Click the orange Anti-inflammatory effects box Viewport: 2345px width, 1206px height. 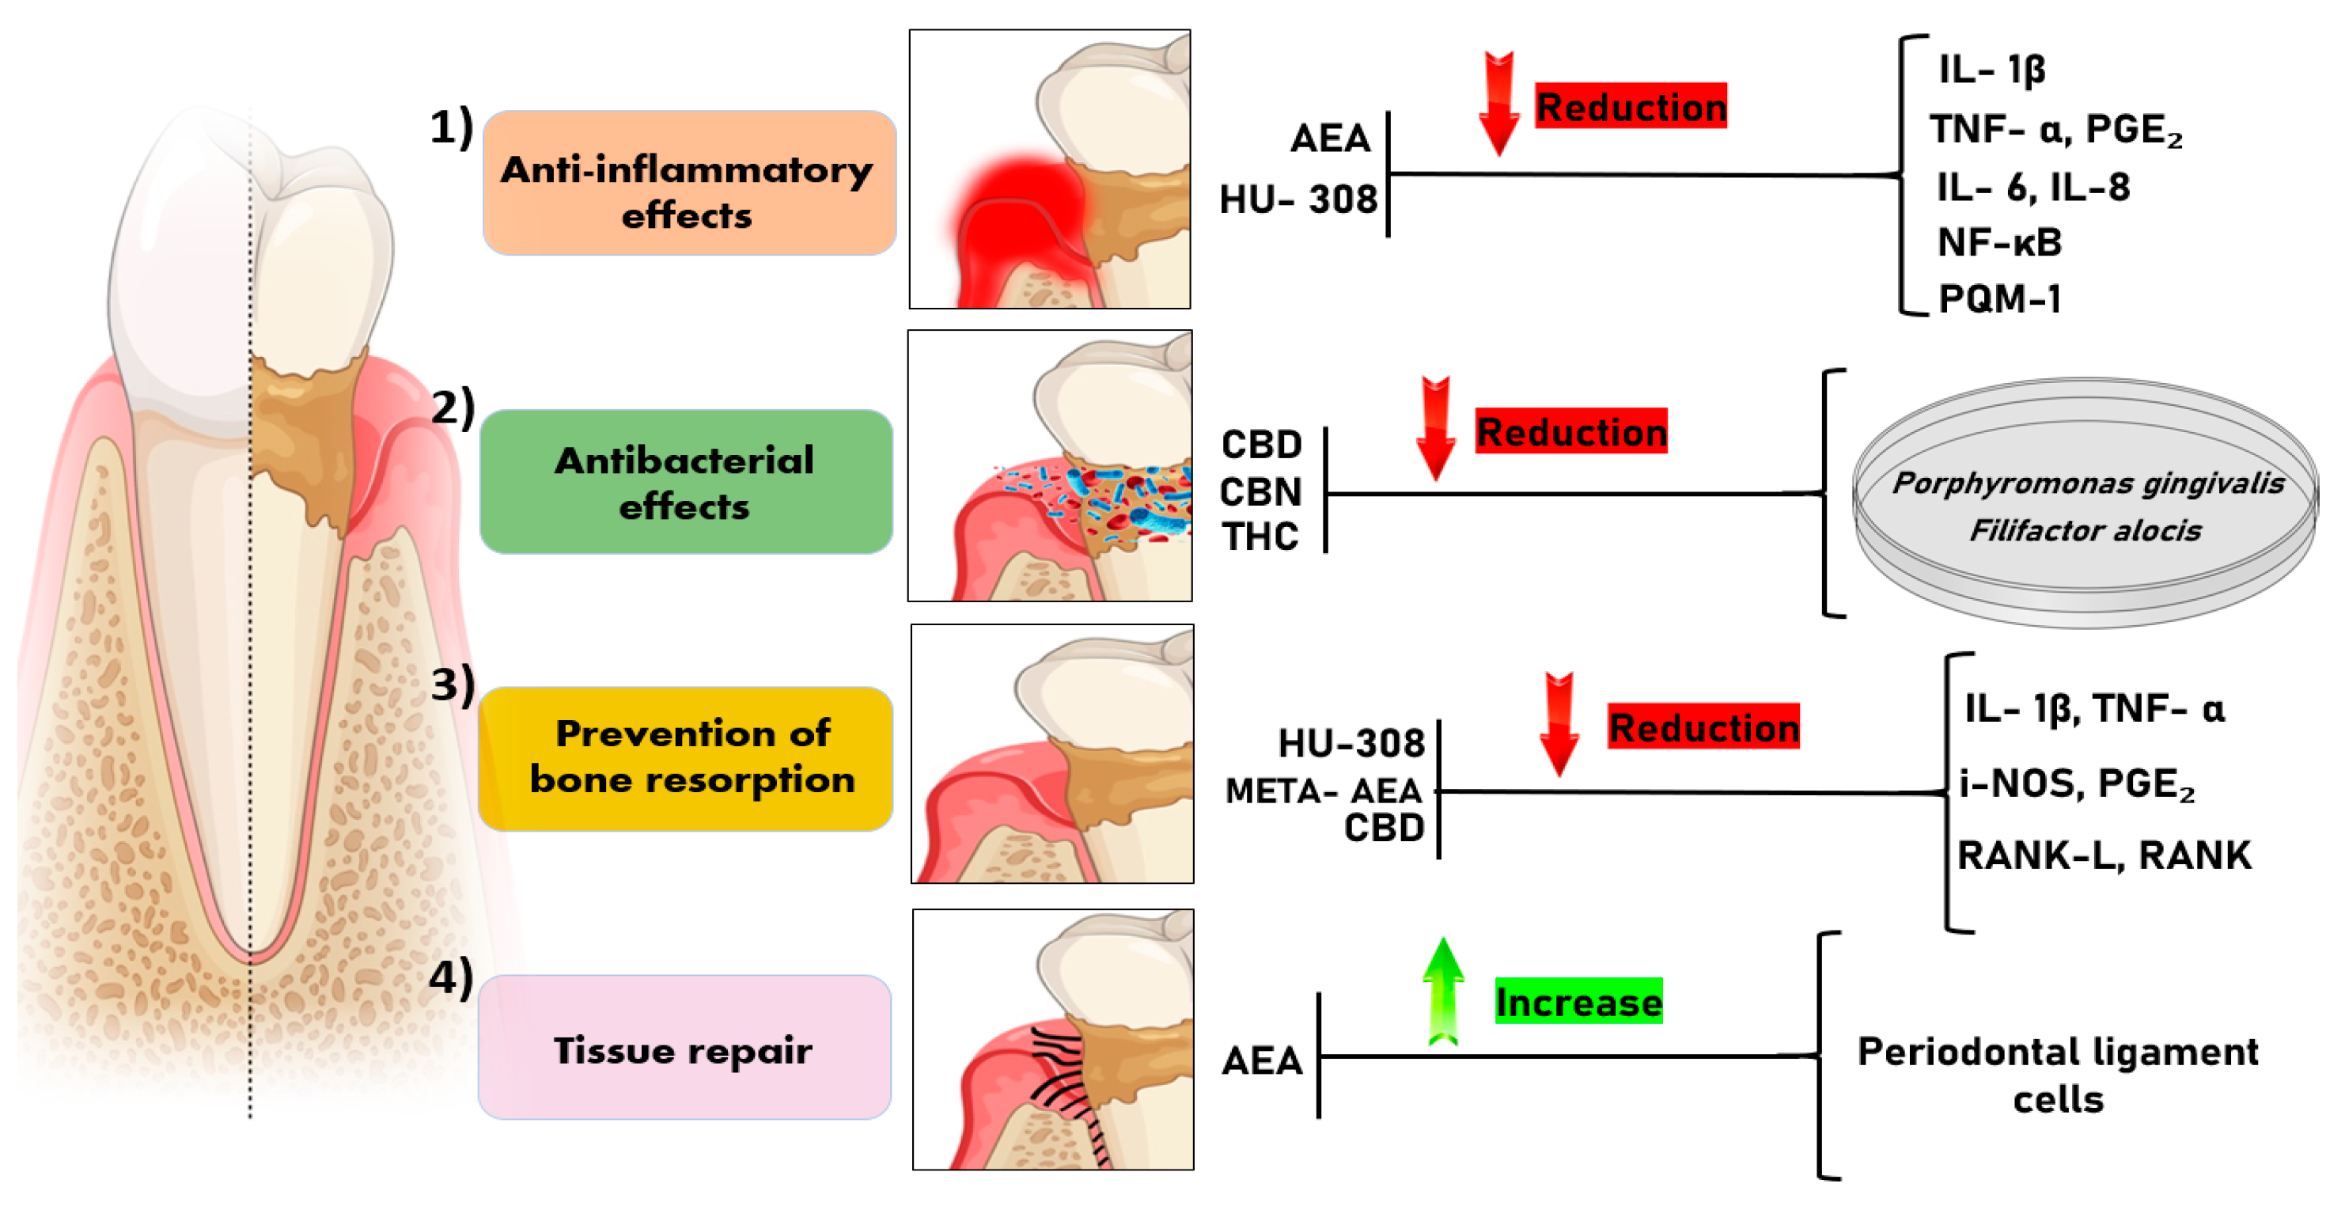(x=688, y=183)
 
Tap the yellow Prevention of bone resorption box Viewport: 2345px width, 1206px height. (x=685, y=758)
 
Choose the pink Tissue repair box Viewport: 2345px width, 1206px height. (x=684, y=1048)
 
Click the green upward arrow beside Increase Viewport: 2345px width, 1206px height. (x=1443, y=992)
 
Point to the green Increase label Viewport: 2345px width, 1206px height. (x=1578, y=1001)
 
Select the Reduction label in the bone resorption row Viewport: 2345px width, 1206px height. (x=1703, y=726)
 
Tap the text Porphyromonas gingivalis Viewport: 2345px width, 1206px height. (x=2087, y=483)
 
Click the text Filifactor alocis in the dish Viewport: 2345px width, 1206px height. (x=2085, y=529)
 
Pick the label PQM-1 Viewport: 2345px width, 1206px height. (x=1999, y=298)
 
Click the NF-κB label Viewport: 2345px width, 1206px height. (x=1999, y=242)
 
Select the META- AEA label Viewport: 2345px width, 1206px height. (x=1323, y=790)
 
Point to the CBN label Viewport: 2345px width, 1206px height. (x=1261, y=491)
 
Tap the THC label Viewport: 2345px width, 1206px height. (x=1260, y=536)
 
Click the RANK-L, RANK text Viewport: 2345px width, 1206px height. (x=2104, y=855)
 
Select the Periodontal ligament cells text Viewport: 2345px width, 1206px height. (x=2057, y=1074)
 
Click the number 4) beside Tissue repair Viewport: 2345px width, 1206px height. (x=452, y=977)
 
